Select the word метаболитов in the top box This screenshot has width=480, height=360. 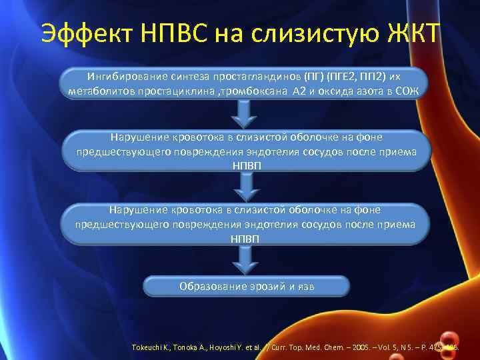98,91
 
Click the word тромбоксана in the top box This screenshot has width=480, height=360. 254,91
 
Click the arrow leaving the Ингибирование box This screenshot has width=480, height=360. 246,115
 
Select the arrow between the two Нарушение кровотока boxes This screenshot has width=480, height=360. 246,187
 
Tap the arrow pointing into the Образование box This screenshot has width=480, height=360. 246,261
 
